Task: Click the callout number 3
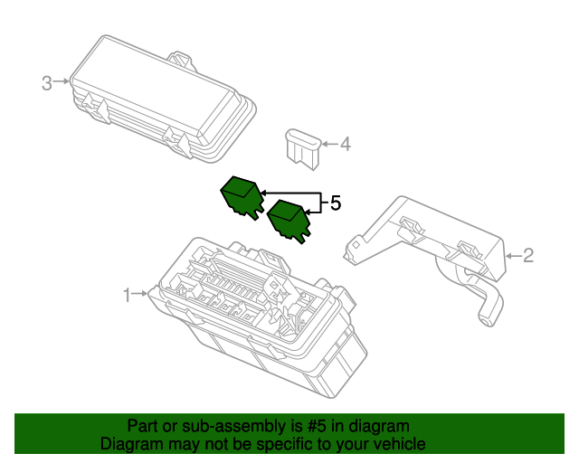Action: (46, 83)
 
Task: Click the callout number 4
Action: (346, 144)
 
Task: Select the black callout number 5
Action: (336, 203)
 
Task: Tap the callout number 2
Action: (528, 256)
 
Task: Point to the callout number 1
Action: (127, 296)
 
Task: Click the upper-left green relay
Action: (242, 198)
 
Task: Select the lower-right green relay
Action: (289, 222)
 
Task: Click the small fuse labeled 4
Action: (303, 149)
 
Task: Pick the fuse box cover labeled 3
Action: (163, 99)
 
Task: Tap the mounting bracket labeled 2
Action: (424, 255)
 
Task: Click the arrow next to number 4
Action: (329, 144)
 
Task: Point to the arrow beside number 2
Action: (513, 256)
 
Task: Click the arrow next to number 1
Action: (140, 294)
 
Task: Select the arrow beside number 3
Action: (62, 81)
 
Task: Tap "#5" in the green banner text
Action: (317, 426)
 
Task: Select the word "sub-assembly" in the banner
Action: (233, 427)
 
